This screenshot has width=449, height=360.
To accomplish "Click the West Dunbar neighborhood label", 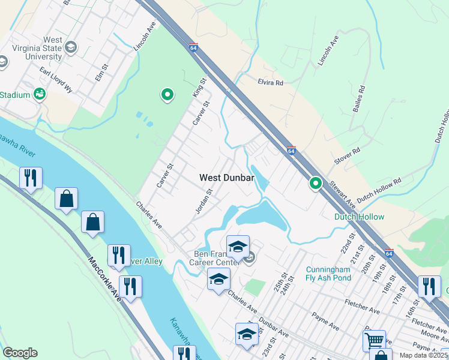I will (x=227, y=178).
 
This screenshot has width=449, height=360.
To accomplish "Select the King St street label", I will (x=199, y=89).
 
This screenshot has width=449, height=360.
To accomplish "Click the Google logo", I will (x=20, y=353).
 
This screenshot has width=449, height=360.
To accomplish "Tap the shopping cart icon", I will (x=374, y=340).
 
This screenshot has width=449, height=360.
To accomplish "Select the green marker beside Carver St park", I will (x=167, y=94).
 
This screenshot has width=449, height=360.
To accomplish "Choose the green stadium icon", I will (x=40, y=94).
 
